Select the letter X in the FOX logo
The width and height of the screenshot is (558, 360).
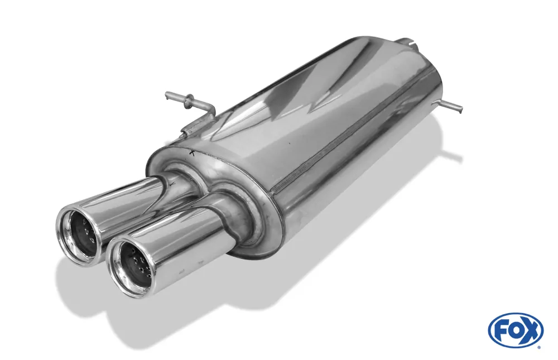530,330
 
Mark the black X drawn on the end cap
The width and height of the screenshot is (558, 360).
193,153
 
